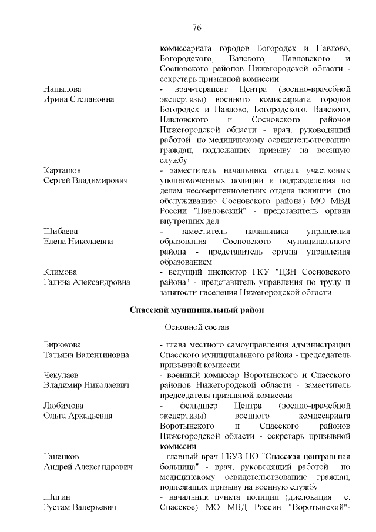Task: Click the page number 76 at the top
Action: (197, 28)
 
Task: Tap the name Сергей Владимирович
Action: (86, 180)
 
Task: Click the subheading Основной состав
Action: (196, 326)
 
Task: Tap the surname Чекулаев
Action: (63, 375)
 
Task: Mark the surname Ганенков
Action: (62, 457)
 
